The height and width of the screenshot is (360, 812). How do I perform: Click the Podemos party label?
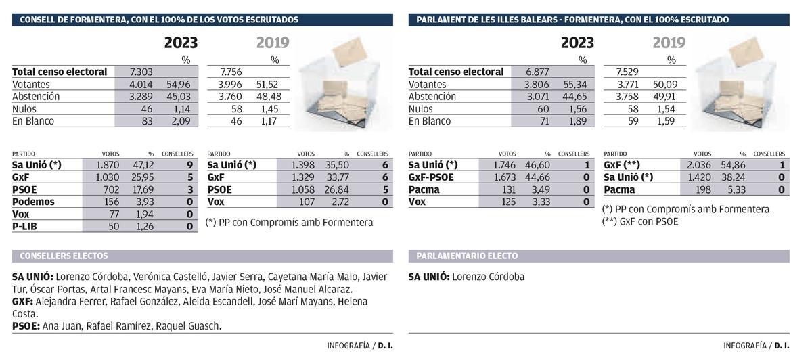(x=33, y=202)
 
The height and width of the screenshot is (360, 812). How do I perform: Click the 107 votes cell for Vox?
(x=307, y=202)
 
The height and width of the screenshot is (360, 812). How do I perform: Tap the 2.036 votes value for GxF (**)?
(x=698, y=164)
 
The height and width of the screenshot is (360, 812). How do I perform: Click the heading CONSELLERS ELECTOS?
(x=64, y=256)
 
